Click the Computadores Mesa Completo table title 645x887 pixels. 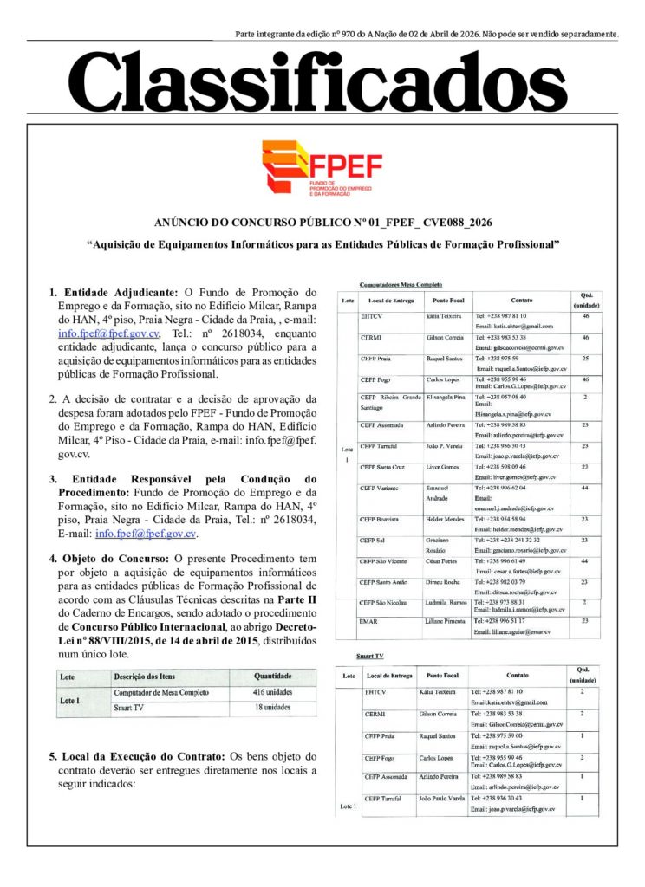click(x=401, y=284)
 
